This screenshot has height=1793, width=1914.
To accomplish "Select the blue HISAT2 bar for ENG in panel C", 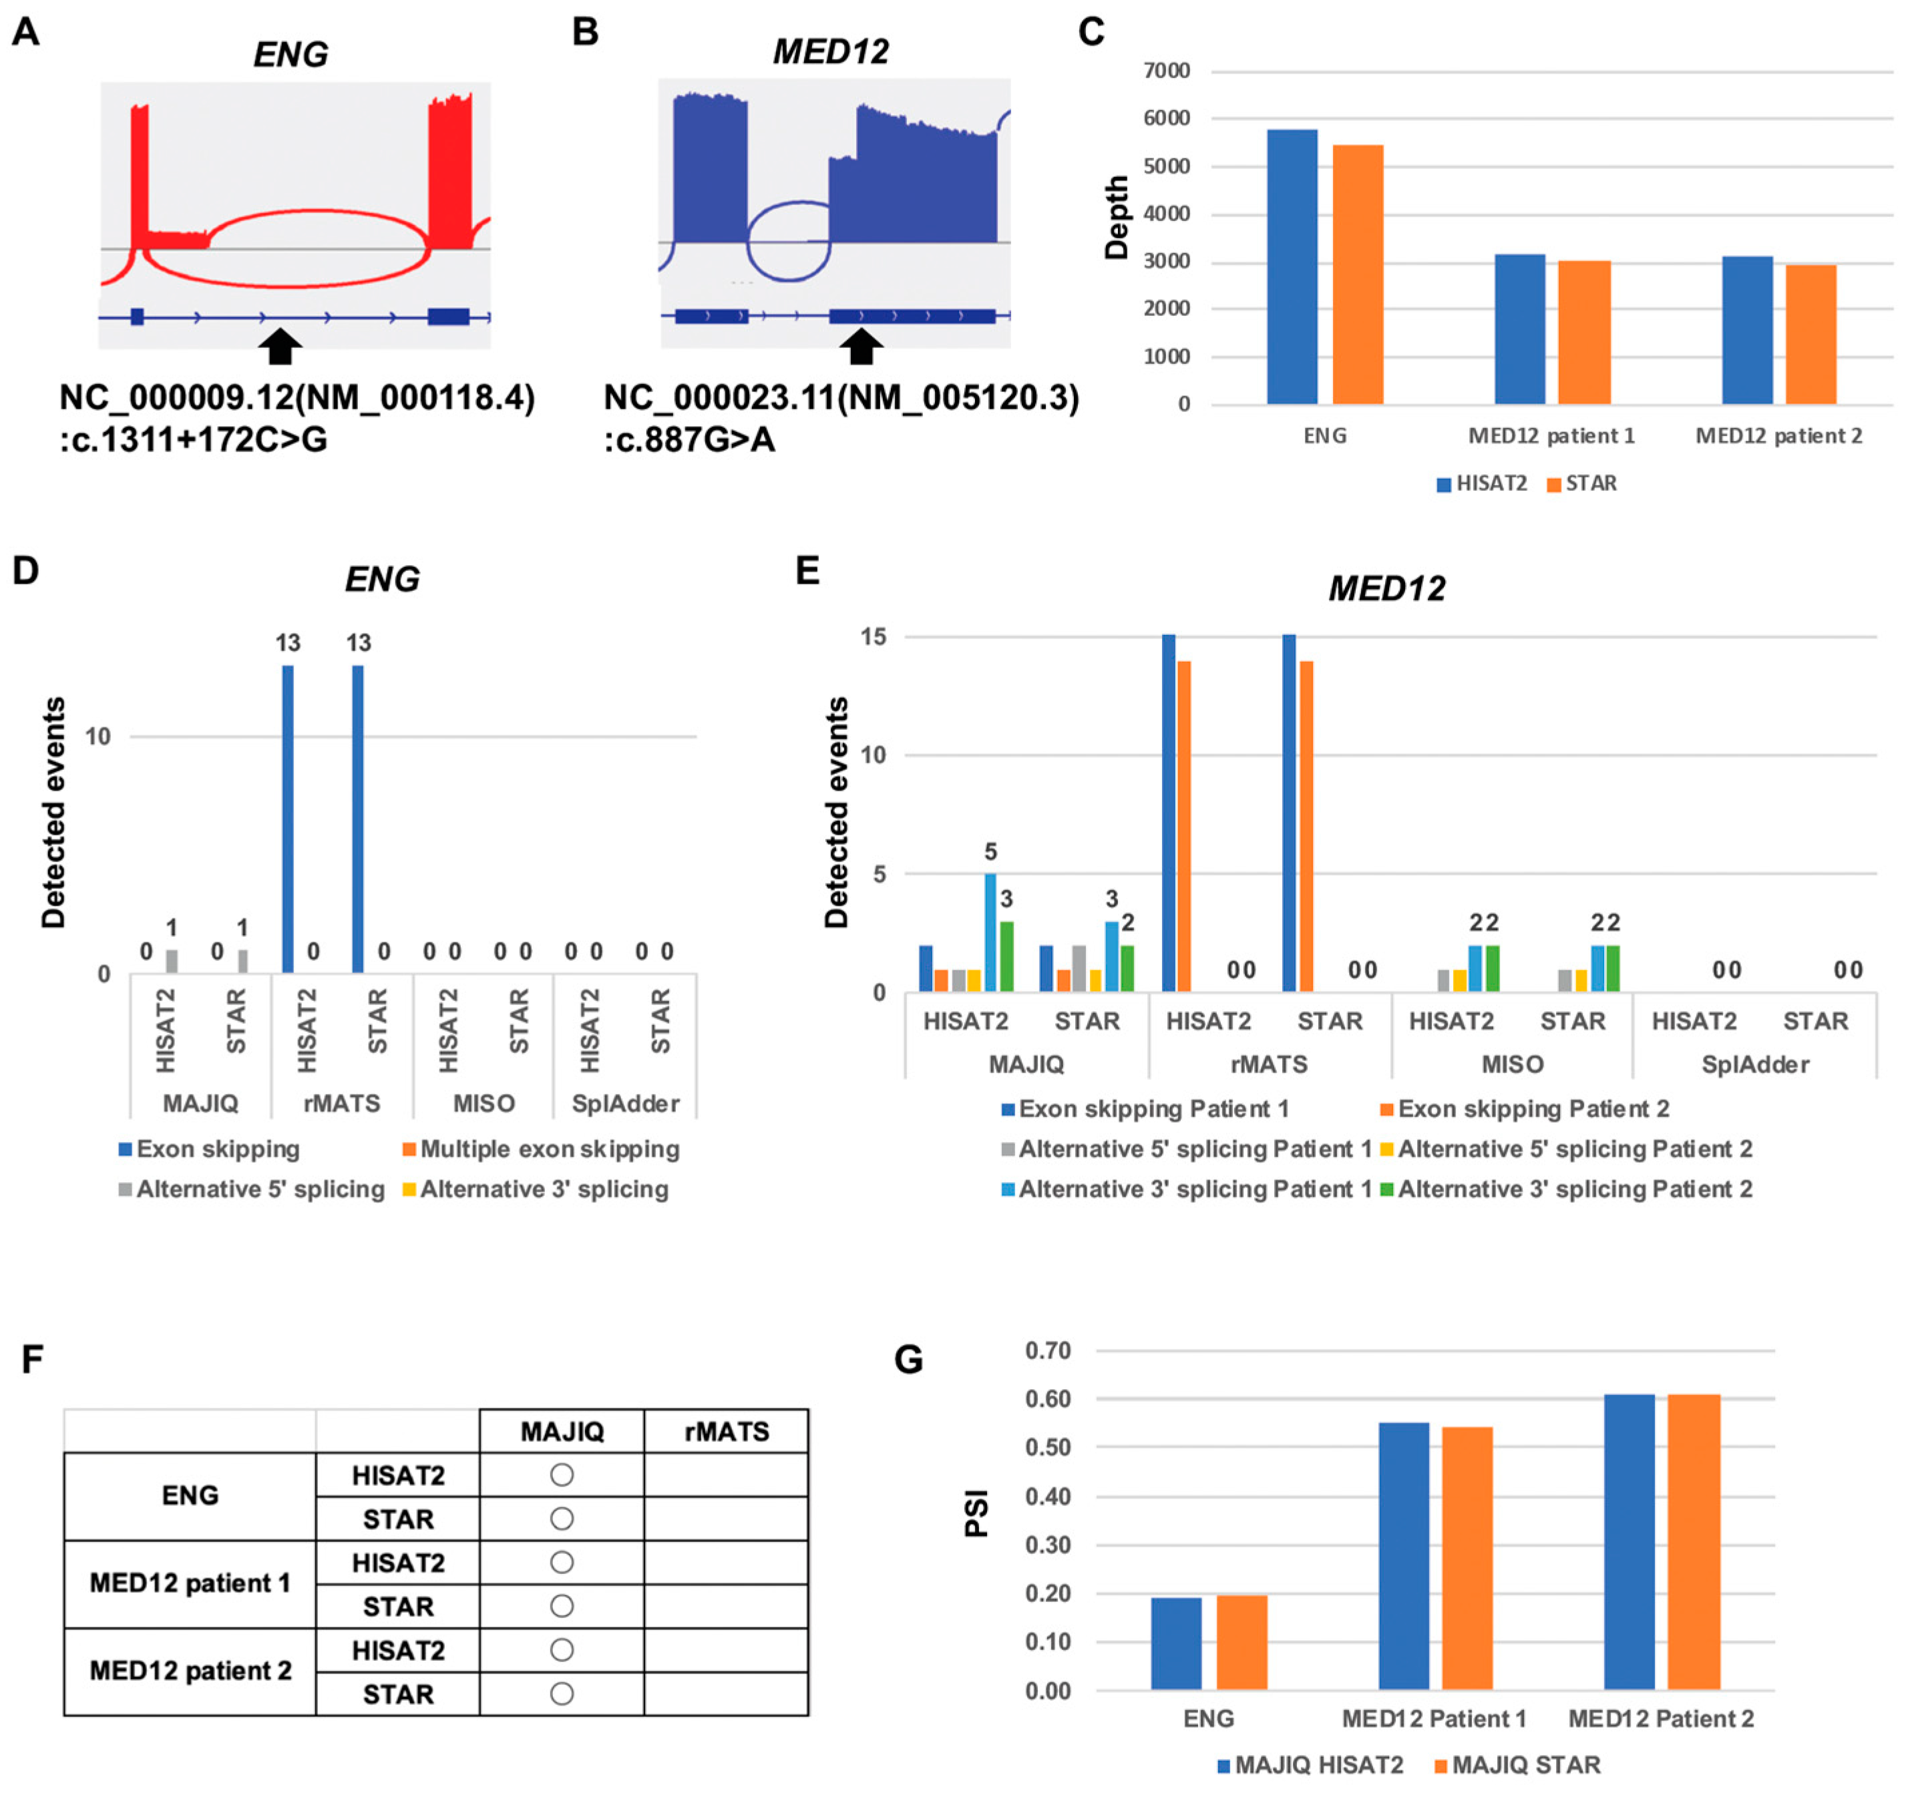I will click(1292, 266).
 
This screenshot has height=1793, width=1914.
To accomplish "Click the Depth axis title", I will click(1116, 218).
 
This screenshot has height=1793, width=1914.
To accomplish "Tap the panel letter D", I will click(26, 571).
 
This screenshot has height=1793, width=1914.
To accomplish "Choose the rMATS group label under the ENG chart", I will click(342, 1104).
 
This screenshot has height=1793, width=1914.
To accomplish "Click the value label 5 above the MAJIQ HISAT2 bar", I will click(990, 852).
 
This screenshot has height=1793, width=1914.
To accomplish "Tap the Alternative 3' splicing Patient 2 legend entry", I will click(1567, 1189).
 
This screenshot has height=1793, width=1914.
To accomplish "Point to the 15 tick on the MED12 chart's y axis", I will click(874, 636).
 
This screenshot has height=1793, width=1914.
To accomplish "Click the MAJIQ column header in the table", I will click(562, 1432).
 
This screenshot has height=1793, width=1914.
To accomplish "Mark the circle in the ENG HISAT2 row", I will click(562, 1475).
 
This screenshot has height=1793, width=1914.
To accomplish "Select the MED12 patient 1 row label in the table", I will click(190, 1584).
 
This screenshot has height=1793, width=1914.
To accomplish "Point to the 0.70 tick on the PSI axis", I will click(1048, 1351).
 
